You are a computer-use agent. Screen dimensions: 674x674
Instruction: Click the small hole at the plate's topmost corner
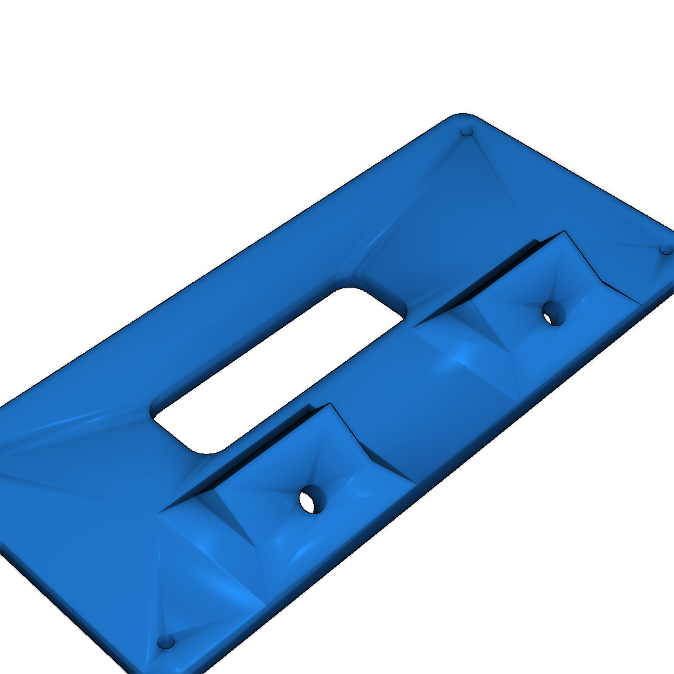tap(467, 132)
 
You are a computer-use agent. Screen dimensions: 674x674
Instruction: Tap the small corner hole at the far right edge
tap(666, 250)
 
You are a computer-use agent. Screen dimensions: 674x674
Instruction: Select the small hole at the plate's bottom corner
tap(166, 641)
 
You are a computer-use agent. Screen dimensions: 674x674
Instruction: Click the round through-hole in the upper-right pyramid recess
tap(554, 313)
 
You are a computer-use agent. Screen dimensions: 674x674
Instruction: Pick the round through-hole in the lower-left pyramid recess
tap(312, 500)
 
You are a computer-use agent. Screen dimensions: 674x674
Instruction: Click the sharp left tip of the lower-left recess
tap(161, 511)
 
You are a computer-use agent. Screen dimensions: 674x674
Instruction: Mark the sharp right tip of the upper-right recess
tap(638, 303)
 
